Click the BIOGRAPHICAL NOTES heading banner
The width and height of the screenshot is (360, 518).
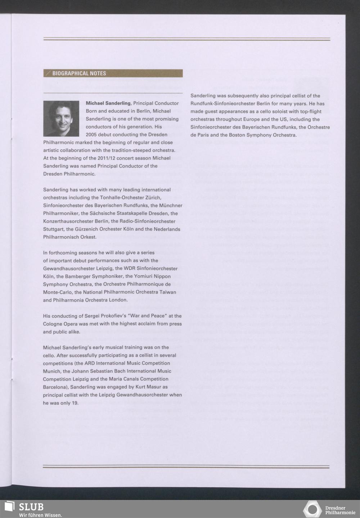(113, 73)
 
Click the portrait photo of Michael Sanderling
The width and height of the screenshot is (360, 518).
(61, 119)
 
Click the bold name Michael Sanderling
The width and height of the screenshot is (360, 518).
(108, 103)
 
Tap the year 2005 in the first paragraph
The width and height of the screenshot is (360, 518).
(92, 135)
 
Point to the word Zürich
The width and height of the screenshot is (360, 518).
(153, 198)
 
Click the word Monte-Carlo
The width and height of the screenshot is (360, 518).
(57, 292)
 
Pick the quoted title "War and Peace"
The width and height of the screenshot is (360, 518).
(147, 316)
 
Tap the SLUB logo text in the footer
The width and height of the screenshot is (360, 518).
(31, 507)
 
